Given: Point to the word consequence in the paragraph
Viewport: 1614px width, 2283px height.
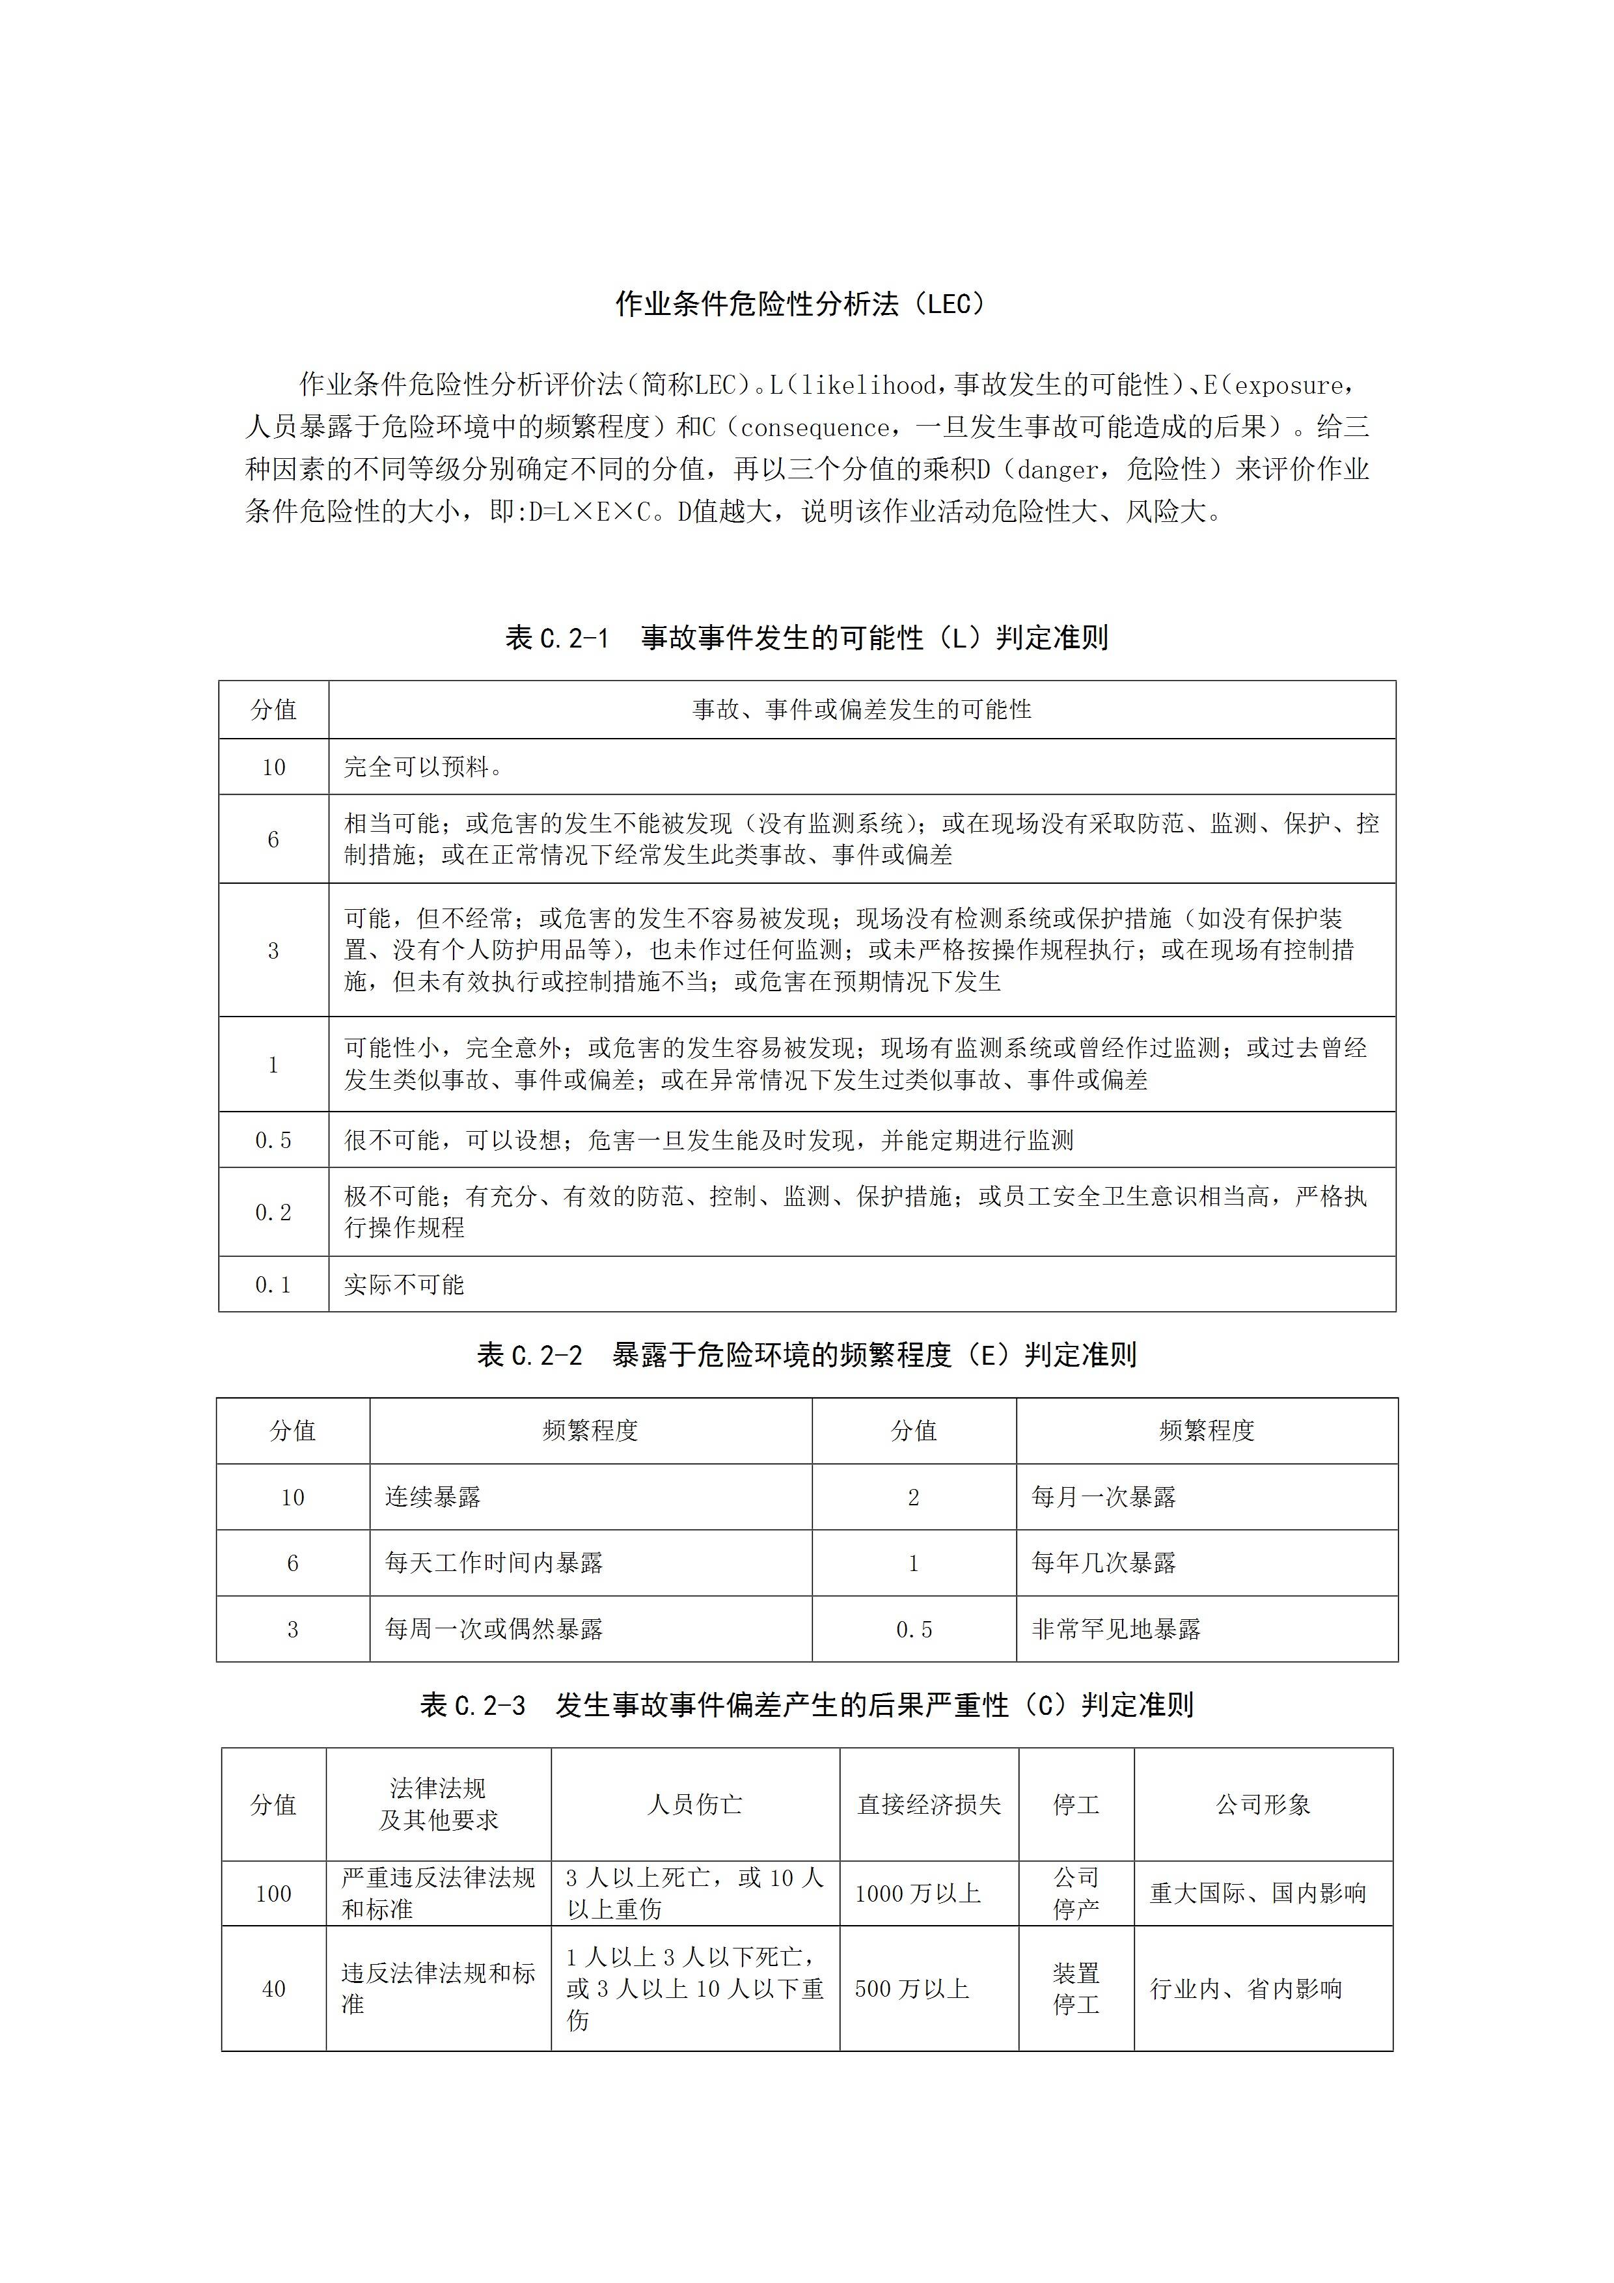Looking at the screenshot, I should click(815, 428).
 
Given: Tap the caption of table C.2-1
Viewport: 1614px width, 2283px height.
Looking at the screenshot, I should click(806, 637).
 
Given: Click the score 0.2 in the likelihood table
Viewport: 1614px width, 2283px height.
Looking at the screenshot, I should click(273, 1212).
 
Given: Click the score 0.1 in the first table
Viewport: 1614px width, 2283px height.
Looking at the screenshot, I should click(273, 1285).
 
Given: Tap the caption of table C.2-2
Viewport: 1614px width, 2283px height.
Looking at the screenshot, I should click(806, 1354).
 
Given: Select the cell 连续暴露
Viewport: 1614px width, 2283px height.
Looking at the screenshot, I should click(433, 1496).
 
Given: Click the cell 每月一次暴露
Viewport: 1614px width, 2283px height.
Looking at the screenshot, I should click(1103, 1496).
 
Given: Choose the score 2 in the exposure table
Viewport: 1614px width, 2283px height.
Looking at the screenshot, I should click(914, 1496).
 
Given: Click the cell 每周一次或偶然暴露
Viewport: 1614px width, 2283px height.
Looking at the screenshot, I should click(494, 1629).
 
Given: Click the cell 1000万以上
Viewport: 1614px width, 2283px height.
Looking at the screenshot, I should click(918, 1893).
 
